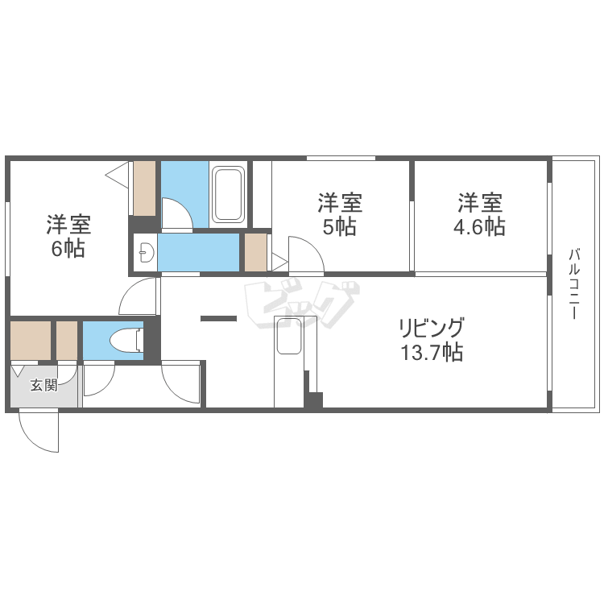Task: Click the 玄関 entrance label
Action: (x=44, y=385)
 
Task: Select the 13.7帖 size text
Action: (x=431, y=352)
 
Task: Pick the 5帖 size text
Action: (x=339, y=227)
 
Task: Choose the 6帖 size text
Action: (x=68, y=248)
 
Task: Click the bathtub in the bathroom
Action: (x=228, y=193)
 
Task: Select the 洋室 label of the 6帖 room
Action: (x=68, y=223)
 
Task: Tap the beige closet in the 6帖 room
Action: (x=144, y=188)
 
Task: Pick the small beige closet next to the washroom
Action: (x=255, y=252)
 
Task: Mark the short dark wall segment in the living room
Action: (x=218, y=319)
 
